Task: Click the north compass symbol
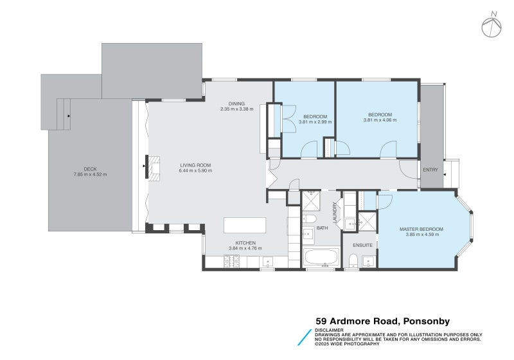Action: [x=492, y=25]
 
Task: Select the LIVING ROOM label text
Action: [x=195, y=165]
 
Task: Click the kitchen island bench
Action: [x=244, y=226]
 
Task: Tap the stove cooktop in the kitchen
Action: [x=231, y=261]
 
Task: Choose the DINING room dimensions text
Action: [x=236, y=109]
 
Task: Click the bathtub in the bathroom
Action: [x=321, y=259]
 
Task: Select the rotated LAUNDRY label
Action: [x=335, y=212]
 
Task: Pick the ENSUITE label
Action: [x=362, y=245]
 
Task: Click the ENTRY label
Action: [x=430, y=170]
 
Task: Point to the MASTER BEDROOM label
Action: [x=421, y=229]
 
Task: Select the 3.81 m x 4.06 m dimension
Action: [x=377, y=120]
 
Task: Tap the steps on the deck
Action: [x=63, y=114]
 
